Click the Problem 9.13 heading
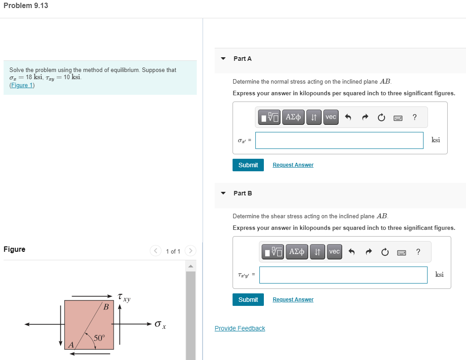click(25, 6)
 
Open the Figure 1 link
click(22, 85)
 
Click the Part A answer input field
click(339, 140)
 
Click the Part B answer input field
click(343, 275)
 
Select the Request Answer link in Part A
click(293, 165)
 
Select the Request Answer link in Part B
click(293, 300)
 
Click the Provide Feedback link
click(240, 328)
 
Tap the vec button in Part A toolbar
click(331, 117)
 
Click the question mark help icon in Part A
click(415, 117)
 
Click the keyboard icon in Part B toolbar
click(401, 252)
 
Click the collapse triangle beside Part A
click(223, 59)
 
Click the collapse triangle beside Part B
click(223, 193)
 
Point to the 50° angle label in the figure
click(99, 338)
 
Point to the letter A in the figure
click(71, 344)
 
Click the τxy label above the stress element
click(124, 297)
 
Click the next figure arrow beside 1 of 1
click(190, 251)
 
